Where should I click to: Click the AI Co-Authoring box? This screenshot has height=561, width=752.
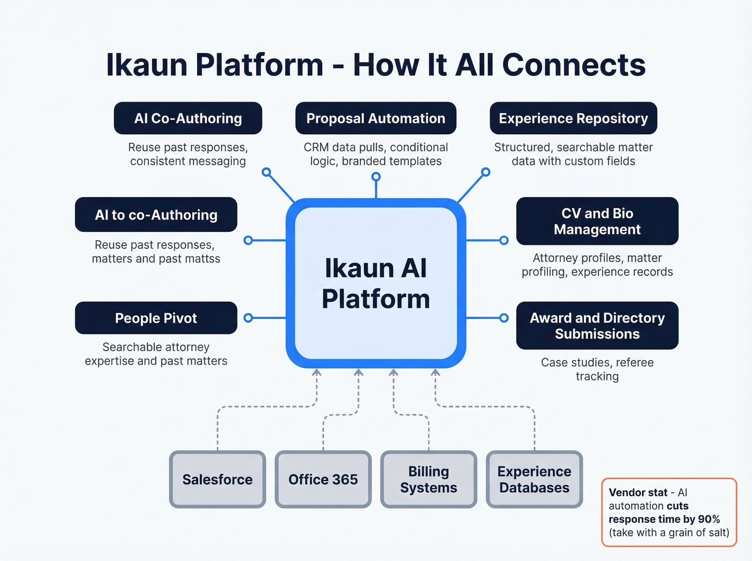[188, 118]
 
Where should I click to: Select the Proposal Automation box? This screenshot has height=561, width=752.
[375, 118]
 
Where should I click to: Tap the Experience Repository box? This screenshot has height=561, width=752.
[573, 118]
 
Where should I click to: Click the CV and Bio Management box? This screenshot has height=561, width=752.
[597, 221]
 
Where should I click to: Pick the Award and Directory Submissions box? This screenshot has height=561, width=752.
[597, 326]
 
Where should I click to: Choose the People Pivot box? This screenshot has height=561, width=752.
[156, 318]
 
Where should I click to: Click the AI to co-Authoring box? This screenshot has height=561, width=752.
[156, 215]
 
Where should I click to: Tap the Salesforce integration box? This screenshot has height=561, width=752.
[218, 479]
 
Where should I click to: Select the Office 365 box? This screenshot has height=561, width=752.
[323, 479]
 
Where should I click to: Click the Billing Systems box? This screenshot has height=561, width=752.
[429, 479]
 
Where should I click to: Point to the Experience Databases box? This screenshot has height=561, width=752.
[534, 479]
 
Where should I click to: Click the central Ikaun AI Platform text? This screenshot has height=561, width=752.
[375, 283]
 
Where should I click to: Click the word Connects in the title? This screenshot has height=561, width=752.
[574, 65]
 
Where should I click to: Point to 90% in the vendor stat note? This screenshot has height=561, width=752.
[708, 519]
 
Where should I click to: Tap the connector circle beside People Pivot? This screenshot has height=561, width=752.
[248, 318]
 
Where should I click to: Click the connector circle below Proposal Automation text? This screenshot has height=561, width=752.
[376, 177]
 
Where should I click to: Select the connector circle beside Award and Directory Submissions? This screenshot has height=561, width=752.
[504, 318]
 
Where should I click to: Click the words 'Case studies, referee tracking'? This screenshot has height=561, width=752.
[597, 369]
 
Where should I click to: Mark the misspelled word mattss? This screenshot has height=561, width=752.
[203, 259]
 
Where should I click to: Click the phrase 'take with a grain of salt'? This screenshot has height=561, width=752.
[669, 533]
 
